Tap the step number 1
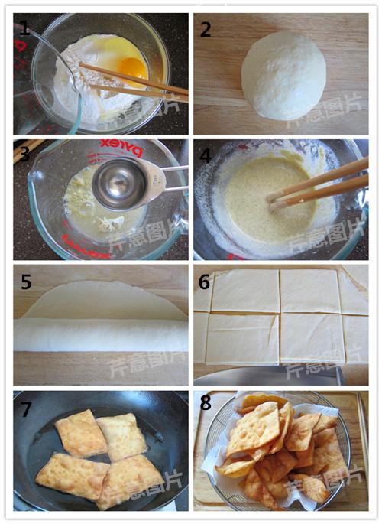coord(25,30)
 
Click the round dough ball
coord(283,75)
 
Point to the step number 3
coord(25,155)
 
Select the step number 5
coord(25,282)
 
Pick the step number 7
coord(25,409)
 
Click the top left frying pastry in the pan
coord(79,434)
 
